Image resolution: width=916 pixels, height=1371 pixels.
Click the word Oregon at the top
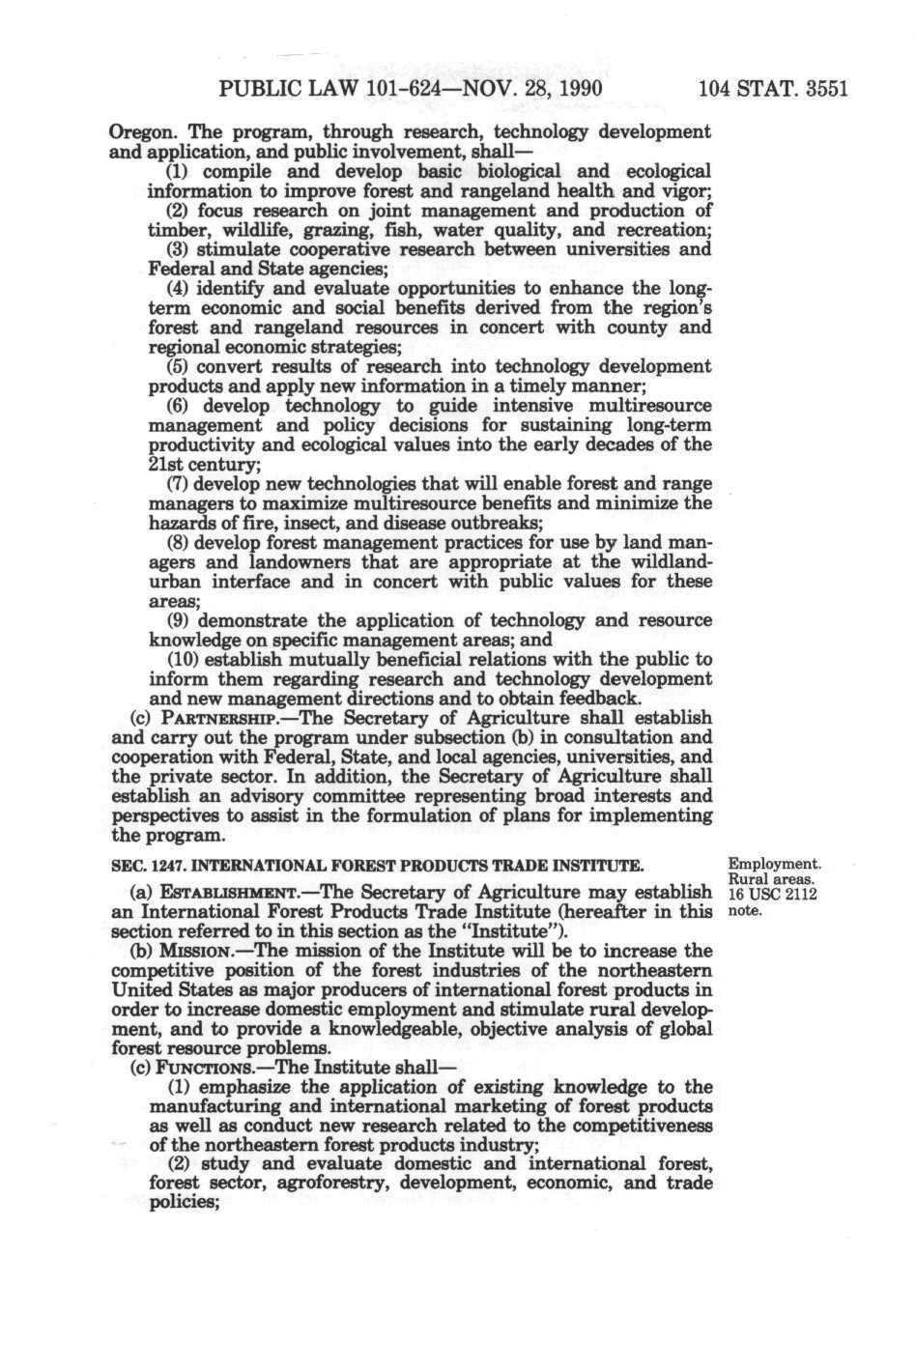click(138, 131)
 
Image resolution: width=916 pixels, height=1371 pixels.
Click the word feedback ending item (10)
click(599, 698)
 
